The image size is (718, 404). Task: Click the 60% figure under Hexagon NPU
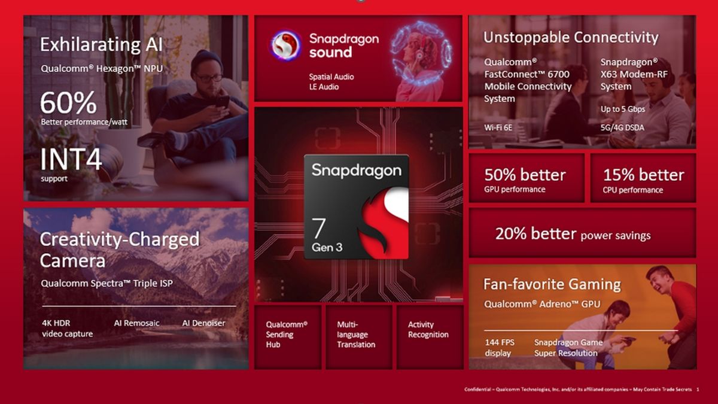pyautogui.click(x=68, y=103)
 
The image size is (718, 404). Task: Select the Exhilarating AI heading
pyautogui.click(x=101, y=45)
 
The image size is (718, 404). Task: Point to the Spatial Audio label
pyautogui.click(x=331, y=77)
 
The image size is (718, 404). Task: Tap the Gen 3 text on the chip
pyautogui.click(x=327, y=247)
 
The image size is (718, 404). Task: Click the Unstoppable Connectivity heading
pyautogui.click(x=571, y=38)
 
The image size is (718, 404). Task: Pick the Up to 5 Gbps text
pyautogui.click(x=623, y=109)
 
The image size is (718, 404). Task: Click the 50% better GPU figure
pyautogui.click(x=525, y=175)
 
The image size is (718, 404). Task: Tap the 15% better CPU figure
pyautogui.click(x=643, y=175)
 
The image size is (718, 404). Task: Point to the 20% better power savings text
pyautogui.click(x=573, y=234)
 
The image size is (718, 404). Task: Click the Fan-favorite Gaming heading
pyautogui.click(x=552, y=284)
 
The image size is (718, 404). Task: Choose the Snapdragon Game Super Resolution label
pyautogui.click(x=568, y=348)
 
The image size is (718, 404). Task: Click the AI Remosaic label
pyautogui.click(x=137, y=323)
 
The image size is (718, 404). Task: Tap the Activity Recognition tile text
pyautogui.click(x=428, y=330)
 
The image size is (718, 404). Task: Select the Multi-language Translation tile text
pyautogui.click(x=356, y=335)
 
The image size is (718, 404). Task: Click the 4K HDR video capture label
pyautogui.click(x=67, y=329)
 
